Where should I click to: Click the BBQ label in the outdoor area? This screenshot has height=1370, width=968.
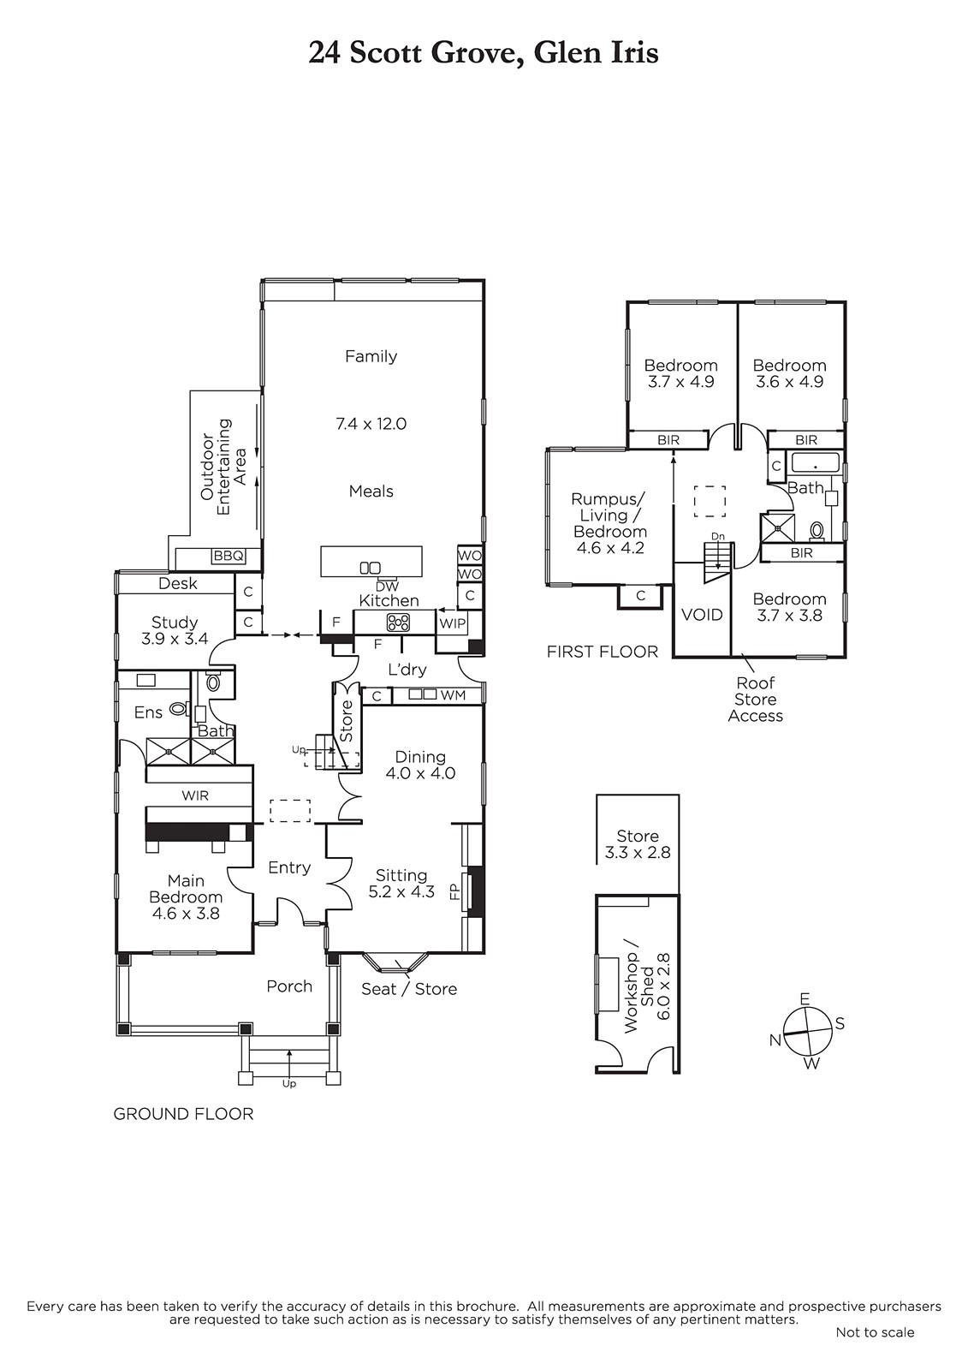(x=228, y=556)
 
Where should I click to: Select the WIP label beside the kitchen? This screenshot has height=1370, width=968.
(x=453, y=624)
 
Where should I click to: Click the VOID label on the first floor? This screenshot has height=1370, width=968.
(x=701, y=615)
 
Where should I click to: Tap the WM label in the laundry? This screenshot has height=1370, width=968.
(x=453, y=694)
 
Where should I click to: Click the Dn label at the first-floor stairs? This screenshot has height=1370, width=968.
(x=718, y=536)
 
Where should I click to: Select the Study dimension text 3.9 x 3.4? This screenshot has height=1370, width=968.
(x=175, y=639)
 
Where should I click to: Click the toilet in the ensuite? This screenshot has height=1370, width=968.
(x=178, y=709)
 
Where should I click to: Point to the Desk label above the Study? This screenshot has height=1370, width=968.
(x=178, y=583)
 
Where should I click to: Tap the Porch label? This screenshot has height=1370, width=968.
(x=289, y=986)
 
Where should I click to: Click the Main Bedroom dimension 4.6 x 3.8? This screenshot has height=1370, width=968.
(x=186, y=913)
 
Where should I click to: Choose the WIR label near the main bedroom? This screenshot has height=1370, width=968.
(x=195, y=795)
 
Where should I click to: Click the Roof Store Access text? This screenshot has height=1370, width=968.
(x=755, y=699)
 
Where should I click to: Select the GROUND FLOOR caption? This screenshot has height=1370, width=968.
(x=183, y=1114)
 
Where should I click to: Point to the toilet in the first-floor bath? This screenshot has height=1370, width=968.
(x=817, y=530)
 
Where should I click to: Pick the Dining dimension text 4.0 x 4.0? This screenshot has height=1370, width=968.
(x=421, y=773)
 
